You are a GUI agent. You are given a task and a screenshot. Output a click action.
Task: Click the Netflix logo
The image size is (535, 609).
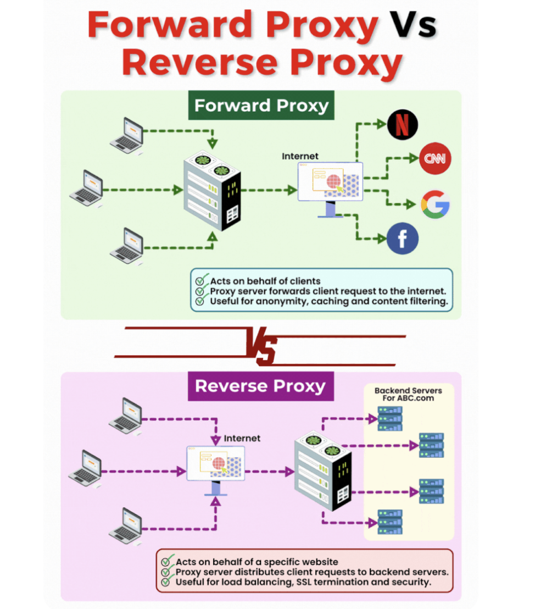[x=403, y=125]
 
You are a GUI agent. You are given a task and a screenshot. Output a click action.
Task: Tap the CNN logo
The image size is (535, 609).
[x=435, y=158]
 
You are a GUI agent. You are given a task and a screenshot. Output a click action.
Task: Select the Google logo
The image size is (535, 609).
[x=435, y=204]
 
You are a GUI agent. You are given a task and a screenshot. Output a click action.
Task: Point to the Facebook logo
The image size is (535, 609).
[x=403, y=239]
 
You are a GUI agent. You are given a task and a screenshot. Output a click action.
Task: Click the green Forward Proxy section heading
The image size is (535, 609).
[x=261, y=105]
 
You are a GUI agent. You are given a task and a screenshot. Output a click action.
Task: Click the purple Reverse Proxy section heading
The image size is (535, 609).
[x=260, y=386]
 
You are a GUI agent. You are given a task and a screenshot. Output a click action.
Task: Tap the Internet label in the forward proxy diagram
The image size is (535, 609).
[x=300, y=156]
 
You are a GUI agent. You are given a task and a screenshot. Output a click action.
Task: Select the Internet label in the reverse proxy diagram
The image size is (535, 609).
[x=242, y=438]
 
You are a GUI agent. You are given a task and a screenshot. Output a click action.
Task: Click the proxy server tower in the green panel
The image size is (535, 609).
[x=212, y=190]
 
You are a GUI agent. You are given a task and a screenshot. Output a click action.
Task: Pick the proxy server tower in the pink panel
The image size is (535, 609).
[x=323, y=470]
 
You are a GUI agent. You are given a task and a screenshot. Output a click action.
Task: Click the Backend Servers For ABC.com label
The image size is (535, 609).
[x=408, y=394]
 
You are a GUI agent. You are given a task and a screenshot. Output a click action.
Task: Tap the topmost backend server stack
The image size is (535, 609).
[x=390, y=419]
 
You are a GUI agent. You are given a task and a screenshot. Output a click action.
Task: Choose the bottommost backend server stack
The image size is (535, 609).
[x=390, y=522]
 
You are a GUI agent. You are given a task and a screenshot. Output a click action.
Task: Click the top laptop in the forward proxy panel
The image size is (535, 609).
[x=127, y=135]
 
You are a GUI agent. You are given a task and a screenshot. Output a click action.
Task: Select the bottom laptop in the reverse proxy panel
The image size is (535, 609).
[x=126, y=526]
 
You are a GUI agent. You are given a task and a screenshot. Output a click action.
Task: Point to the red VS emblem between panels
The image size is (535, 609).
[x=261, y=346]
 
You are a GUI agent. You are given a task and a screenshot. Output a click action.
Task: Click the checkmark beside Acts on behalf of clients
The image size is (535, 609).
[x=200, y=280]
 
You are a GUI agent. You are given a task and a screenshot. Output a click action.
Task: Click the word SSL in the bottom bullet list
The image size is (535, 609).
[x=304, y=582]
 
